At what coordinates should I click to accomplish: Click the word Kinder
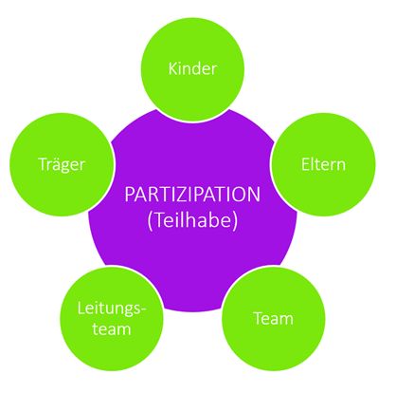pyautogui.click(x=192, y=68)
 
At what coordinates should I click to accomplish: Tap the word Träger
pyautogui.click(x=62, y=164)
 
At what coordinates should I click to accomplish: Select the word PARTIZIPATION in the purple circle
pyautogui.click(x=192, y=195)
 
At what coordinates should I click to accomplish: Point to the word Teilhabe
pyautogui.click(x=192, y=220)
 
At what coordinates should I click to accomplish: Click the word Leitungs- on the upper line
pyautogui.click(x=112, y=309)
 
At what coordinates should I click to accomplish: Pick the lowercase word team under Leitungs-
pyautogui.click(x=112, y=329)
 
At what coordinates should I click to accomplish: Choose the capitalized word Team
pyautogui.click(x=274, y=319)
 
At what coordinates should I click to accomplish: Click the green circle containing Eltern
pyautogui.click(x=323, y=164)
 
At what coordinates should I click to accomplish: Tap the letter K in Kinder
pyautogui.click(x=172, y=68)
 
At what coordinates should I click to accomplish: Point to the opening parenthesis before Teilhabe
pyautogui.click(x=151, y=220)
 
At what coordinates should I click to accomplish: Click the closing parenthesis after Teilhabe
pyautogui.click(x=235, y=220)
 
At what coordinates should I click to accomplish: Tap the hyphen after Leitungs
pyautogui.click(x=143, y=309)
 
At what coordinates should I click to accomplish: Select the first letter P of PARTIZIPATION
pyautogui.click(x=130, y=195)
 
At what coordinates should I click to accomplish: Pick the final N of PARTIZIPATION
pyautogui.click(x=254, y=195)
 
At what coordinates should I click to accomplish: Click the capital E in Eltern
pyautogui.click(x=306, y=164)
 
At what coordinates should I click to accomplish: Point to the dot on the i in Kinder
pyautogui.click(x=181, y=64)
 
